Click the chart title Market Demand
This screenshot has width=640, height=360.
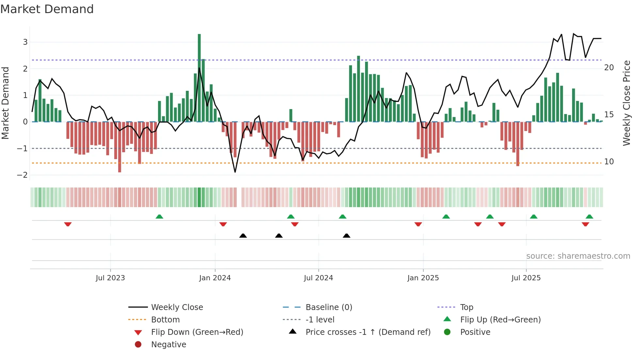click(x=47, y=9)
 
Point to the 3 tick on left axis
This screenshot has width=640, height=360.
click(x=25, y=42)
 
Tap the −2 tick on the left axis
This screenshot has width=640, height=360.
click(x=22, y=175)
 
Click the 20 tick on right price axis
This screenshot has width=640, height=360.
click(x=609, y=68)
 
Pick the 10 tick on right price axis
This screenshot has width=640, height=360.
click(x=609, y=162)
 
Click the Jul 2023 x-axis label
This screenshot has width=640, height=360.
click(x=110, y=278)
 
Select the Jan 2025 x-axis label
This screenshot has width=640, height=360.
click(x=423, y=278)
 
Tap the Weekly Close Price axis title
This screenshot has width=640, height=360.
click(x=626, y=103)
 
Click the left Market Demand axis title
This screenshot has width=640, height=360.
click(x=5, y=103)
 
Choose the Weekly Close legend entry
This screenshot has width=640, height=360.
click(x=177, y=307)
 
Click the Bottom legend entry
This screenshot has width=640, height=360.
click(x=165, y=320)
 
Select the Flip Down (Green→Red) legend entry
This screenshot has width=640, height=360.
click(x=197, y=332)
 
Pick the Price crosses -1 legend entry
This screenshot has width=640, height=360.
click(x=368, y=332)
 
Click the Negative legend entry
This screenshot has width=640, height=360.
click(x=168, y=345)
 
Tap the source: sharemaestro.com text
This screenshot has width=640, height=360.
click(x=578, y=256)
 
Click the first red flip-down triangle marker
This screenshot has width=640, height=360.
click(x=68, y=224)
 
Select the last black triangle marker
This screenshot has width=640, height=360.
click(x=346, y=236)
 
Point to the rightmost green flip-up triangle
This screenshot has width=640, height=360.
click(x=589, y=217)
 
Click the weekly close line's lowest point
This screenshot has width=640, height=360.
click(x=235, y=172)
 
